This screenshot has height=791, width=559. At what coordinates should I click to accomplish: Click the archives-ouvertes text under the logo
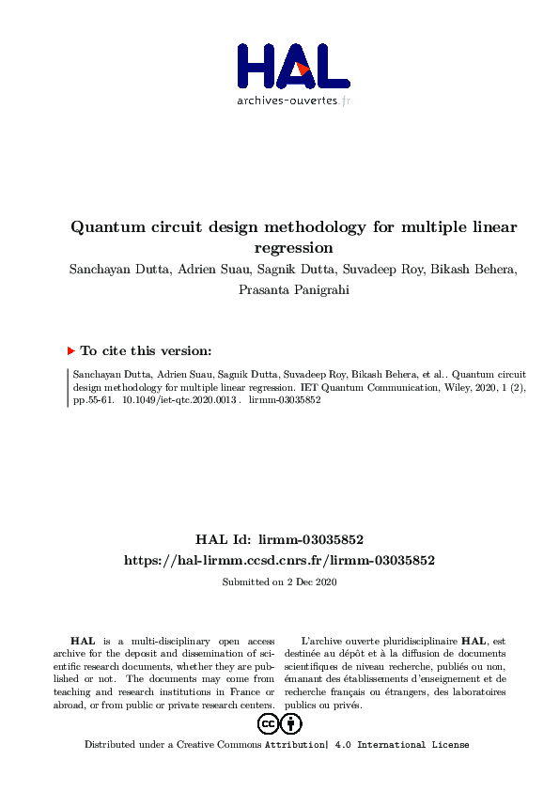coord(292,101)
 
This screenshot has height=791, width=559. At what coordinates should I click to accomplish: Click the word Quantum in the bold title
coord(105,227)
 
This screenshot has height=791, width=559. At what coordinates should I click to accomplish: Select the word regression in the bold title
coord(294,249)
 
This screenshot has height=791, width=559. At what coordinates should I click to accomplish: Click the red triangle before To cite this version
coord(70,350)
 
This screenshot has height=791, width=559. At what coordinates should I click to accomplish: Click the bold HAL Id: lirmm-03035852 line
coord(279,540)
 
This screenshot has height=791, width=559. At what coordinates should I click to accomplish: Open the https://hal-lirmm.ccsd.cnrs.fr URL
coord(279,560)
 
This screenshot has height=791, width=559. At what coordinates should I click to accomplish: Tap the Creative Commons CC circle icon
coord(268,724)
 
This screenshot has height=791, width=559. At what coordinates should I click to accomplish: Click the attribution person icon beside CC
coord(292,724)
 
